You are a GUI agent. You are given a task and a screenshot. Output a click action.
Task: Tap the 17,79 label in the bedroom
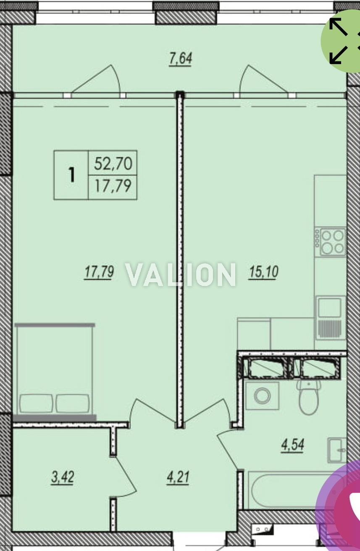click(x=99, y=272)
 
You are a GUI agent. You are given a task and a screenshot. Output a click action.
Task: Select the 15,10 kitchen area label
click(x=263, y=272)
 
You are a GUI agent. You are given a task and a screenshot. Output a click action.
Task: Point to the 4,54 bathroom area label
click(x=293, y=445)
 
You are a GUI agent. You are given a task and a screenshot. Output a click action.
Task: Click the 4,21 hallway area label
click(x=178, y=478)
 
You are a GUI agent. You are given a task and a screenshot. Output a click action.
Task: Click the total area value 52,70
click(x=113, y=164)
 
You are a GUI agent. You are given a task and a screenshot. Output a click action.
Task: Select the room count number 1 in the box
click(x=71, y=175)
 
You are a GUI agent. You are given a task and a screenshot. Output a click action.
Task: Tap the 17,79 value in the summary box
click(x=113, y=186)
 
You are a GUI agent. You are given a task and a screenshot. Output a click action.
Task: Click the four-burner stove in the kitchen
click(x=330, y=241)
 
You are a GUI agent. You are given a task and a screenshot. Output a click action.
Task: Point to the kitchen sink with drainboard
click(x=330, y=318)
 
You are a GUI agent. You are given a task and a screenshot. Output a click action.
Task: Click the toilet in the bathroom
click(x=309, y=397)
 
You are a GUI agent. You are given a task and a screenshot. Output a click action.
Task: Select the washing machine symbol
click(x=262, y=396)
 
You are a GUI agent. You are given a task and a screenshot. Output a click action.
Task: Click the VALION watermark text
click(x=181, y=275)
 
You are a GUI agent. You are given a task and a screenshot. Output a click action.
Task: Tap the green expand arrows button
click(x=341, y=41)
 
